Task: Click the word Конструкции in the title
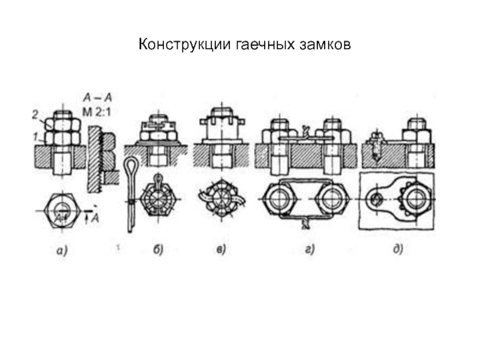pos(185,45)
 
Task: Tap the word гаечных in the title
pos(265,45)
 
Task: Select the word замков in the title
pos(325,45)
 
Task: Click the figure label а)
pos(62,251)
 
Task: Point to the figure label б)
pos(158,250)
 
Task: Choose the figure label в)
pos(221,250)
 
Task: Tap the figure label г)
pos(310,250)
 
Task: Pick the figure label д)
pos(398,249)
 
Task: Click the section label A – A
pos(98,98)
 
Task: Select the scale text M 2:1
pos(97,112)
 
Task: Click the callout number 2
pos(35,115)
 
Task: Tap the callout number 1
pos(36,136)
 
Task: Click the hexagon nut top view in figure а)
pos(62,211)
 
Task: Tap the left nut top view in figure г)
pos(279,199)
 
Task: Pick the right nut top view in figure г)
pos(332,199)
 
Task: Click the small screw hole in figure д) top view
pos(374,200)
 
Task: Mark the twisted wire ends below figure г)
pos(305,223)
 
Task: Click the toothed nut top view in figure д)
pos(415,199)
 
